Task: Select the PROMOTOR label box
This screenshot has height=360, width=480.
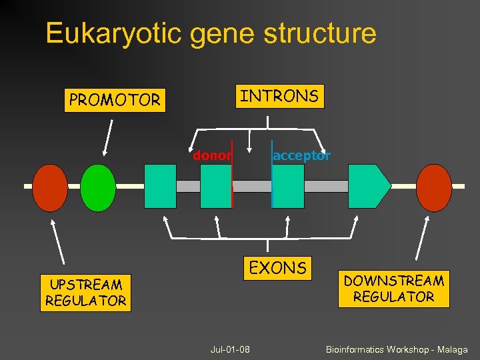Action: tap(115, 100)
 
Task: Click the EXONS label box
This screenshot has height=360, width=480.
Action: tap(277, 268)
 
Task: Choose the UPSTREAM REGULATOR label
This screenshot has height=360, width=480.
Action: tap(85, 293)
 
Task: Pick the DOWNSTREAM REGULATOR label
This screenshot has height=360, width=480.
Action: tap(393, 289)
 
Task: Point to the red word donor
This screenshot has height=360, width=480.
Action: tap(211, 156)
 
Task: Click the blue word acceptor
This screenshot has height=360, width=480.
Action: tap(301, 156)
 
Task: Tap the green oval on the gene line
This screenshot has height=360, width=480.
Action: tap(98, 187)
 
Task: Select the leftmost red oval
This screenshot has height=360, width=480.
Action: tap(50, 187)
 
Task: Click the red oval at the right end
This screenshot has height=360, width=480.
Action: tap(434, 187)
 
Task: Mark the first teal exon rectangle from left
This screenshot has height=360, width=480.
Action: tap(160, 187)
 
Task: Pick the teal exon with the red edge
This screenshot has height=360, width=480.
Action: tap(216, 187)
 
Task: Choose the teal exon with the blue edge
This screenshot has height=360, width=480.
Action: tap(288, 187)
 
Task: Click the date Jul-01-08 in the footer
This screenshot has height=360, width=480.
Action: tap(229, 349)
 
